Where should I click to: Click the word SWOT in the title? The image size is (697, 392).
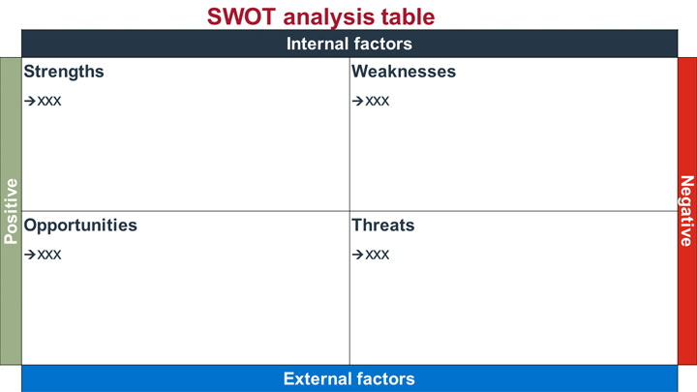pos(242,16)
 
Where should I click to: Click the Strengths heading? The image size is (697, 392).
pos(64,72)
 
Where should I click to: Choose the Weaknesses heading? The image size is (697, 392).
pos(404,72)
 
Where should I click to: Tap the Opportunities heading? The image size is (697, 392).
pos(80,226)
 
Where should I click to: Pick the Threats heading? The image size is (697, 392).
pos(383,226)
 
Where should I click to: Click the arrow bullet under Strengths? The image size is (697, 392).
pos(30,102)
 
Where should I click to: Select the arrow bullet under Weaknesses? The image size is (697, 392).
pos(358,102)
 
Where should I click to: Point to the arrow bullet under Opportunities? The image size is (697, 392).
pos(30,255)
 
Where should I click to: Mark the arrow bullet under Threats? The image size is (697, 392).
pos(358,255)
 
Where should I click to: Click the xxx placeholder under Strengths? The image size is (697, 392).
pos(49,102)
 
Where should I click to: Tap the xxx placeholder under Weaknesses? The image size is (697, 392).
pos(378,102)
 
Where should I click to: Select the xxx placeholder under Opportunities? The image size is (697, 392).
pos(49,255)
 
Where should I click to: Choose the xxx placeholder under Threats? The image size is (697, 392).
pos(378,255)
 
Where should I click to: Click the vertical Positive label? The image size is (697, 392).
pos(11,211)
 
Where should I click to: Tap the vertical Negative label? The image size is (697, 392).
pos(687,211)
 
